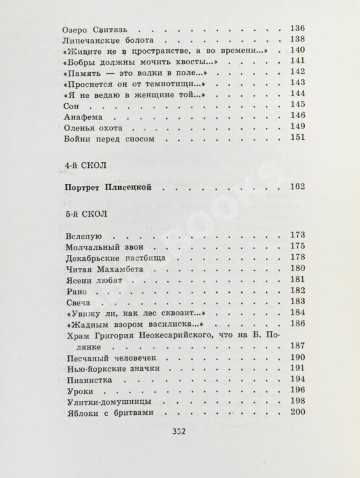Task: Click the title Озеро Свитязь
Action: [x=95, y=29]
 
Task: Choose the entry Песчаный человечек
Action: [x=108, y=358]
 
